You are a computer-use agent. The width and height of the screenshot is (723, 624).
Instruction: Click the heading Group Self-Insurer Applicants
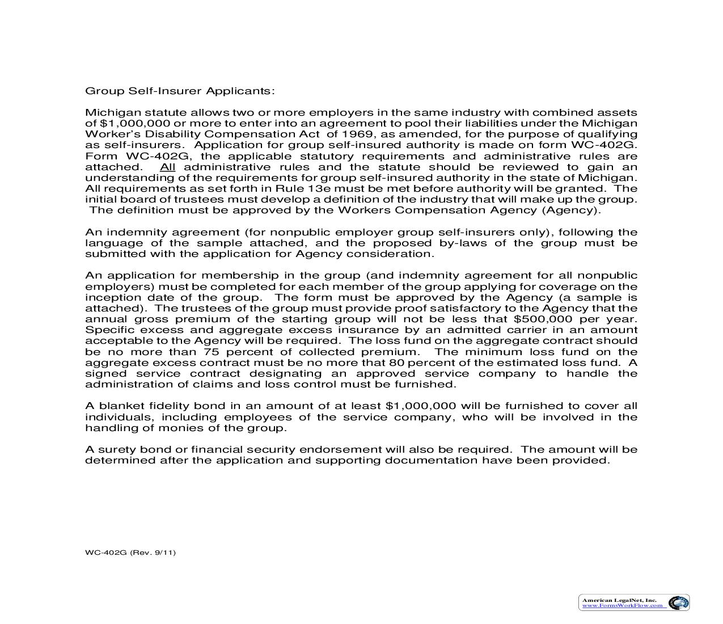coord(180,91)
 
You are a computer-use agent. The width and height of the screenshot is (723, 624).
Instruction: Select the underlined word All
coord(168,167)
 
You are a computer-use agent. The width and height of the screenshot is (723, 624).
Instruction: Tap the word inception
coord(110,297)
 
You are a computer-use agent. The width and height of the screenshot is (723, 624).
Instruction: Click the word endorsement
coord(340,449)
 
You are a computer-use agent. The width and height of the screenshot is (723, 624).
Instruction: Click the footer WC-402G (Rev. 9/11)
coord(130,552)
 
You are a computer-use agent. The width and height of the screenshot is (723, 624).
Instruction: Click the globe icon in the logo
coord(677,602)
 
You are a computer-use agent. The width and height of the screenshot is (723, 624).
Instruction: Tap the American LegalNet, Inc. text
coord(619,600)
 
